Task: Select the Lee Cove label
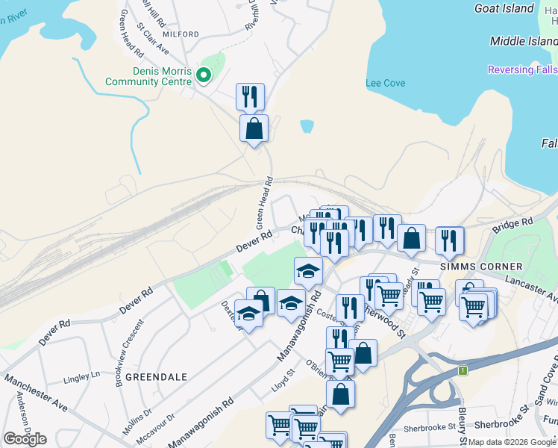click(x=386, y=83)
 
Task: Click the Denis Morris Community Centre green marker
click(x=202, y=75)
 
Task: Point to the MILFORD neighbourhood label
click(x=179, y=34)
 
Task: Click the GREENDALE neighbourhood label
click(x=156, y=377)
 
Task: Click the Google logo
click(x=25, y=439)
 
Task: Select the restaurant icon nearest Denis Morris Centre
click(x=250, y=96)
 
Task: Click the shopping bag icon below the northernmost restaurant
click(x=254, y=128)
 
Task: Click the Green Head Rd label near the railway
click(x=262, y=203)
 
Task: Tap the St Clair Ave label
click(x=153, y=37)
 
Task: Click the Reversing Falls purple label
click(x=522, y=69)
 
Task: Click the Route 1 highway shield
click(x=463, y=370)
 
